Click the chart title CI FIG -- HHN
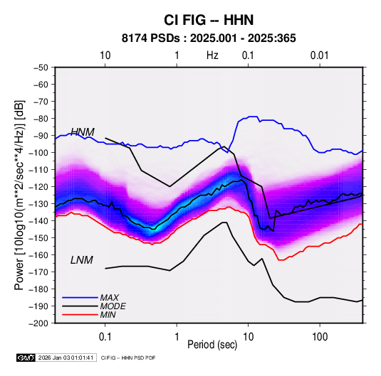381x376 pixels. [209, 20]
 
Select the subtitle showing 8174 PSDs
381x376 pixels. [209, 38]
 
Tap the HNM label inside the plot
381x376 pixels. [83, 132]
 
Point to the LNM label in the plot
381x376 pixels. [82, 260]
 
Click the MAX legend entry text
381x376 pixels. [110, 298]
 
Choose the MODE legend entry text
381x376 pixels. [113, 306]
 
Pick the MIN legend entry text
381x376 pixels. [108, 315]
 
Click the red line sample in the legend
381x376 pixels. [80, 315]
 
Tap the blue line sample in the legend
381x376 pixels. [80, 298]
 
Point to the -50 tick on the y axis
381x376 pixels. [41, 68]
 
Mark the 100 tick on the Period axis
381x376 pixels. [320, 336]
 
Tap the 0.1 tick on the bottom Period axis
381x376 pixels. [105, 336]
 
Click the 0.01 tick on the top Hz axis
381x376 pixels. [320, 55]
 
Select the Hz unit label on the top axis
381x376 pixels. [212, 55]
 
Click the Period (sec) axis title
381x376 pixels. [212, 345]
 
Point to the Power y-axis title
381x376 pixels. [19, 195]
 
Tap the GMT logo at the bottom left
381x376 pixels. [26, 358]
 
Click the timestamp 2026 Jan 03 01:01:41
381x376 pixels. [66, 358]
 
